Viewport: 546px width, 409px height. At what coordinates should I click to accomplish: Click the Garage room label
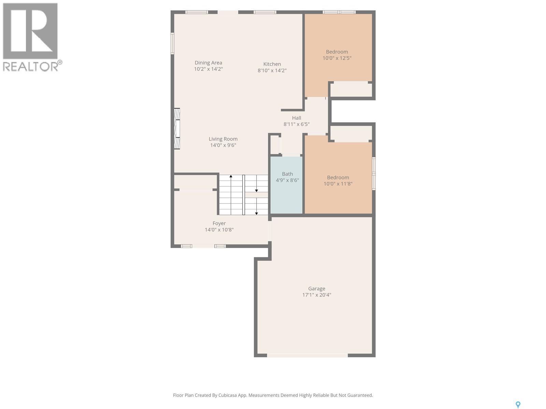click(x=316, y=289)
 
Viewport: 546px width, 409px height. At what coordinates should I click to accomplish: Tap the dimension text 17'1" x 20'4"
click(x=316, y=295)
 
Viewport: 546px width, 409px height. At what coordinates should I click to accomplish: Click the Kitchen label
click(x=272, y=64)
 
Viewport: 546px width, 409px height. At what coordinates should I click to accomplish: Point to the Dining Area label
click(x=208, y=63)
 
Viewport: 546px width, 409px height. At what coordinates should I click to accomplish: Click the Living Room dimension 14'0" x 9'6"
click(x=223, y=145)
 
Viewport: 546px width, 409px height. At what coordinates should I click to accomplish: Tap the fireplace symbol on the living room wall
click(x=177, y=128)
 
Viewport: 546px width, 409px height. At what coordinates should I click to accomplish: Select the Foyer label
click(x=219, y=224)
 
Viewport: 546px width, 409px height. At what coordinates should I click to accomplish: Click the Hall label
click(x=296, y=118)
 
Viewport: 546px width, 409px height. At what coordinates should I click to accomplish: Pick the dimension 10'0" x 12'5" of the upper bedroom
click(x=337, y=58)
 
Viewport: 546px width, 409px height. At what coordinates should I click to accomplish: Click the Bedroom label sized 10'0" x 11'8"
click(x=338, y=178)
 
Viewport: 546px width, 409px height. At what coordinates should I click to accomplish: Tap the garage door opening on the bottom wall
click(x=307, y=355)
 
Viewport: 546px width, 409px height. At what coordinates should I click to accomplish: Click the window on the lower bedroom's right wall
click(x=374, y=173)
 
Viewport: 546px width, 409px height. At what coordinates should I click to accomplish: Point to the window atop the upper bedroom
click(x=339, y=12)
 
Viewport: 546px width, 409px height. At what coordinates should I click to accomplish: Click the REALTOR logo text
click(x=31, y=66)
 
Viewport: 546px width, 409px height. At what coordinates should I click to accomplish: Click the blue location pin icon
click(x=518, y=405)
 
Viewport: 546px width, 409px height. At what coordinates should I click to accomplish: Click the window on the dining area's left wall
click(x=172, y=43)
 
